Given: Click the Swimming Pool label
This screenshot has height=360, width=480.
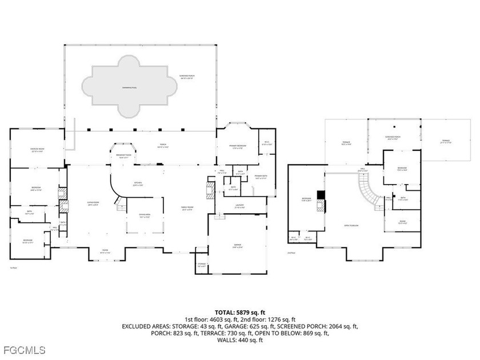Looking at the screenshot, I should pos(126,87).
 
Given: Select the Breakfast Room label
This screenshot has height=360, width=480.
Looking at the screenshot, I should pos(124,155).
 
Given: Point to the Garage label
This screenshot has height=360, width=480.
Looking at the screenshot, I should pos(237,246).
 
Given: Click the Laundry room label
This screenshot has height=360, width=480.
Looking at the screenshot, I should pos(240,206).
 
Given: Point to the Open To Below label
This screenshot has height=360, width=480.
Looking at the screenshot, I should pos(351,225).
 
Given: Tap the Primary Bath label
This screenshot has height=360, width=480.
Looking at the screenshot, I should pos(261,177).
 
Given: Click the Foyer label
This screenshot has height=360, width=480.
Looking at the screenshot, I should pos(105,251).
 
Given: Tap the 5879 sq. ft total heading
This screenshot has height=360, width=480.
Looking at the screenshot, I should pos(239,312).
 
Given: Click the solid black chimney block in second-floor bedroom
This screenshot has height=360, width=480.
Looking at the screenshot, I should pos(321,194).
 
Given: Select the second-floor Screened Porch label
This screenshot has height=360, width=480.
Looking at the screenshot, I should pos(393,138).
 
